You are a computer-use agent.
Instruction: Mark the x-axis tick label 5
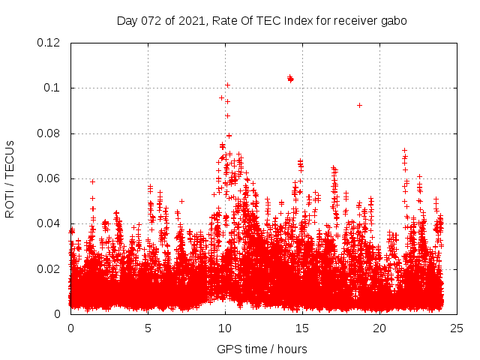point(148,328)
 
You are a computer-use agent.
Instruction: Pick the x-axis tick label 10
point(225,328)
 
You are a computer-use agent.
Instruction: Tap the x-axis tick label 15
point(302,328)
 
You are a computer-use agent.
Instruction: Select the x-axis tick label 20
point(379,328)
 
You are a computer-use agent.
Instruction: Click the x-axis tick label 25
point(457,328)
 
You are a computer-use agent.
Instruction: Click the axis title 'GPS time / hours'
point(262,349)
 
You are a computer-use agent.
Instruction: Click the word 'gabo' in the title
point(393,21)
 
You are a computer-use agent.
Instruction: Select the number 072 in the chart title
point(152,21)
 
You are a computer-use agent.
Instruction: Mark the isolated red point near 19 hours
point(360,105)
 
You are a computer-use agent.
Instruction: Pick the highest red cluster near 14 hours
point(290,78)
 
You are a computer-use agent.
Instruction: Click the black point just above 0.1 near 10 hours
point(227,85)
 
